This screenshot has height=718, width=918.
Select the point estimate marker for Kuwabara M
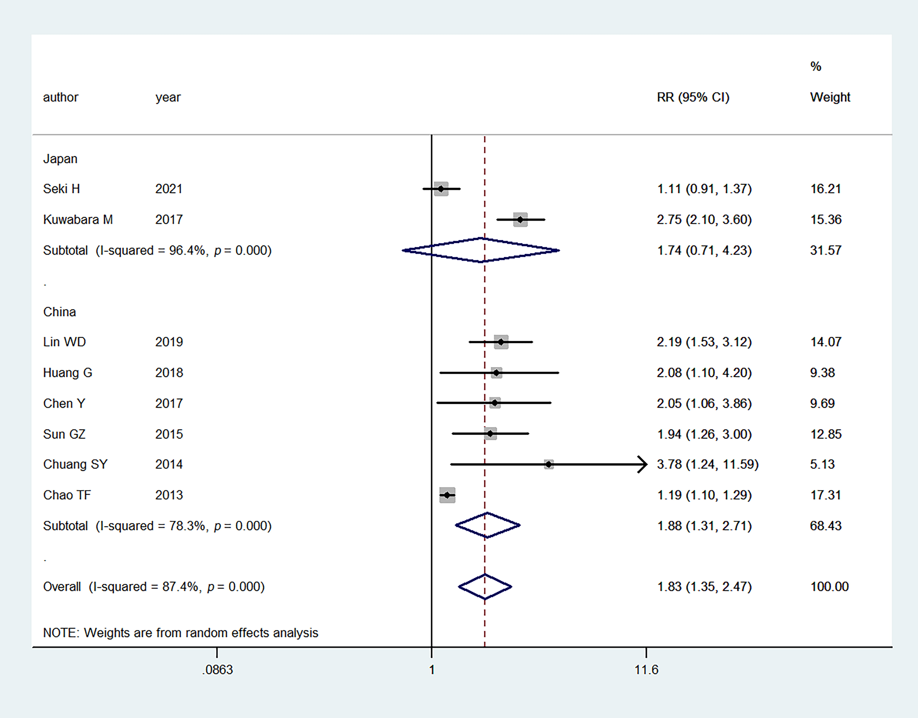click(x=520, y=219)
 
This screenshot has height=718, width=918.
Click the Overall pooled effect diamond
click(x=485, y=586)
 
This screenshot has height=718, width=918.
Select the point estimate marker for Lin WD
click(x=501, y=342)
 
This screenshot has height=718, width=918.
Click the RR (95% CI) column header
click(x=693, y=97)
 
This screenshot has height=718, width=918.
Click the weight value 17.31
click(x=825, y=495)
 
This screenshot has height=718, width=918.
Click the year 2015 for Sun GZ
click(x=169, y=434)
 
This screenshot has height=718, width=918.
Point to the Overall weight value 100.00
click(x=829, y=586)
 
